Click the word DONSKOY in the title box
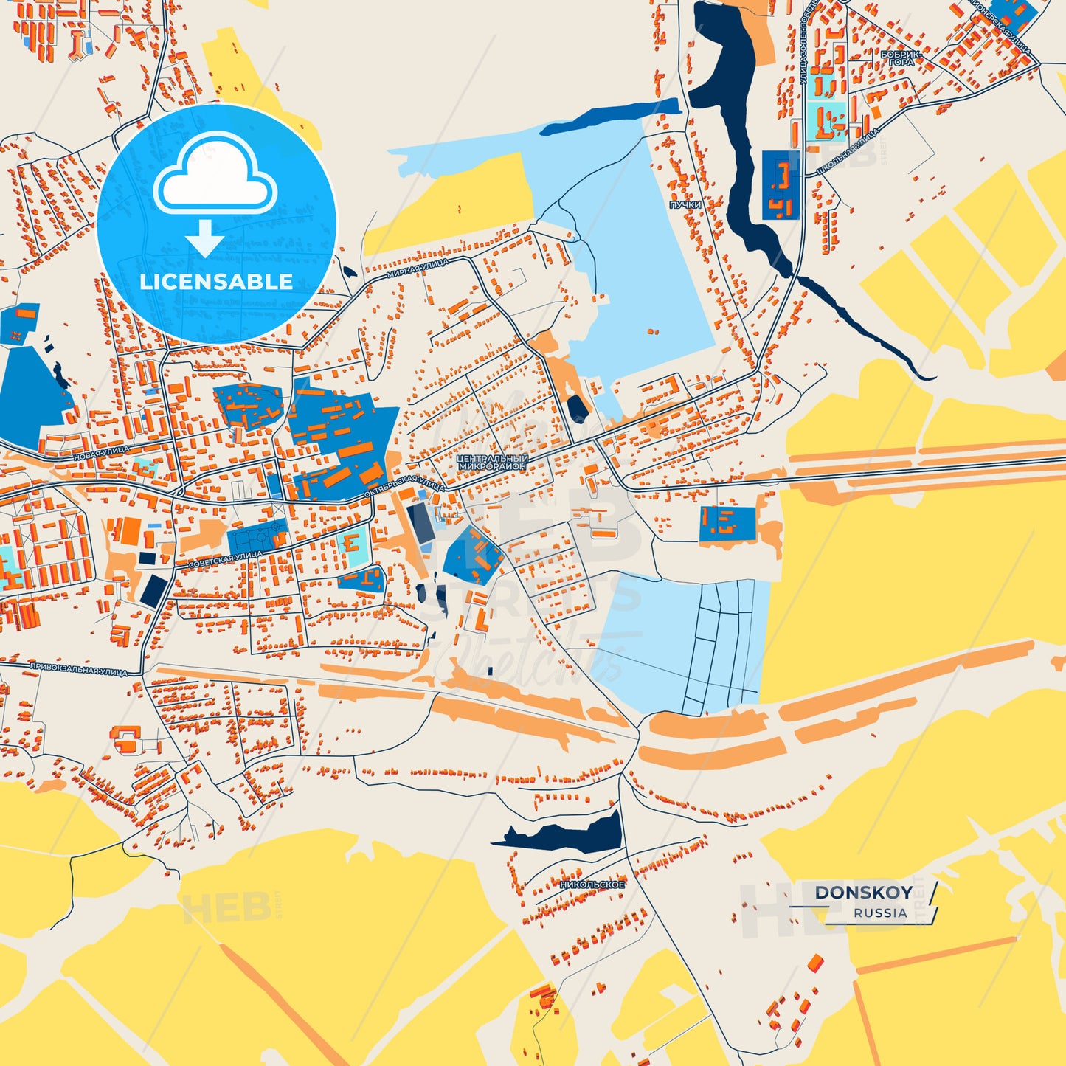(863, 893)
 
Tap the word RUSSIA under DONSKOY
(880, 913)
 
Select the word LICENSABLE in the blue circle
(216, 282)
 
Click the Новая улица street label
(101, 453)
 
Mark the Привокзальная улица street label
(78, 669)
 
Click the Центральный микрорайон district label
(492, 463)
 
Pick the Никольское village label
(592, 884)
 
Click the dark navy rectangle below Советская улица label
(155, 591)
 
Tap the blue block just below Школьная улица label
(780, 185)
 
